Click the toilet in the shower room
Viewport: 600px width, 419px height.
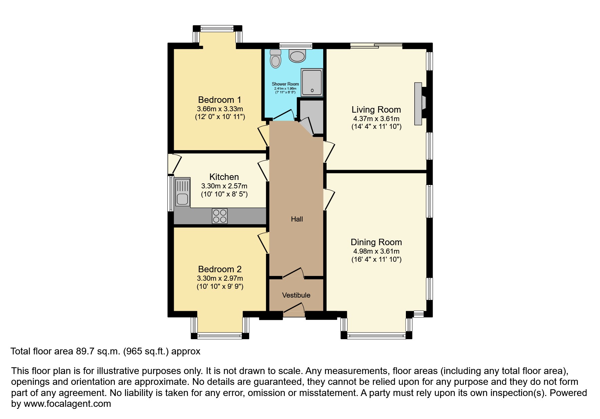(275, 59)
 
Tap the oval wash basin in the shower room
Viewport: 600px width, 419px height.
(297, 56)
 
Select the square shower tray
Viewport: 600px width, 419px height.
(312, 82)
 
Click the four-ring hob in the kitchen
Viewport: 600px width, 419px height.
(220, 216)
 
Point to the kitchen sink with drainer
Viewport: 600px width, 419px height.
(182, 192)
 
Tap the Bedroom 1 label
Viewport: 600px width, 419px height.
(220, 100)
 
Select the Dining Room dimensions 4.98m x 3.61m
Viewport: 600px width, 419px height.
(376, 251)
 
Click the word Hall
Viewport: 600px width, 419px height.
(297, 219)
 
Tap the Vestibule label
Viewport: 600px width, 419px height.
(296, 295)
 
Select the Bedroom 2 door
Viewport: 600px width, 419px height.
(263, 242)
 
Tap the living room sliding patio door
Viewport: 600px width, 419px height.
(376, 46)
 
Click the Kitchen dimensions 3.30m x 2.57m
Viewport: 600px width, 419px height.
(224, 186)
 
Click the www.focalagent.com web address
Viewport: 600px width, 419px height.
(67, 404)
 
